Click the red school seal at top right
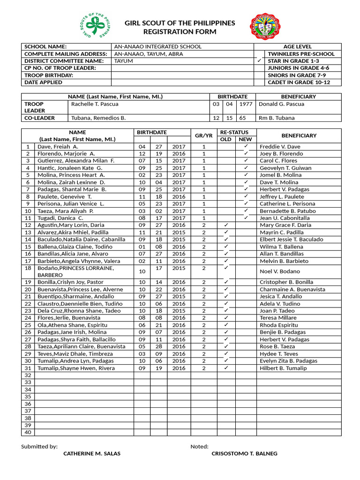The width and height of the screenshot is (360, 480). coord(266,27)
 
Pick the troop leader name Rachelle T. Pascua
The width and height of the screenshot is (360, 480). coord(95,104)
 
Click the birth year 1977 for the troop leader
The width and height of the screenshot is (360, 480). coord(244,104)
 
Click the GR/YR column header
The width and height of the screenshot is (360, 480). coord(203,135)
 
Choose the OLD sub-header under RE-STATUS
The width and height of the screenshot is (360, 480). coord(225,139)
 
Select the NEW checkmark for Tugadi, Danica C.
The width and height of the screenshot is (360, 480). coord(246,217)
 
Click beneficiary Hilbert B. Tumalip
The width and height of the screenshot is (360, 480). coord(283,368)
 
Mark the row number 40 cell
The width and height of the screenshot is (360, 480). coord(28,432)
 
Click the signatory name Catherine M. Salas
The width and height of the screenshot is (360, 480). coord(91,453)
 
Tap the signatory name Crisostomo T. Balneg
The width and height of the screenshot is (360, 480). coord(244,453)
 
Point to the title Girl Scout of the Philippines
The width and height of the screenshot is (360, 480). coord(180,23)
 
